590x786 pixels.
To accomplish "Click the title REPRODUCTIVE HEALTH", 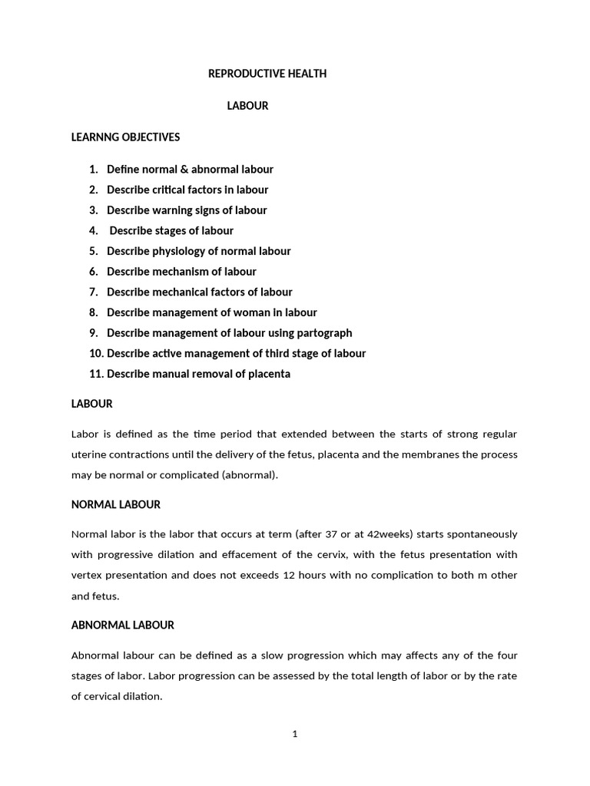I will (267, 74).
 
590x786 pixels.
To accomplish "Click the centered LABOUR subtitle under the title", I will (247, 106).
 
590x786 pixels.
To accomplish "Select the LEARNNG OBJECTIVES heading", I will (125, 137).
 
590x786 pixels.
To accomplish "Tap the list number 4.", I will (93, 230).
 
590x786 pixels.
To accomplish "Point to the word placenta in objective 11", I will (268, 374).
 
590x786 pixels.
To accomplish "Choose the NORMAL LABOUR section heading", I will (115, 504).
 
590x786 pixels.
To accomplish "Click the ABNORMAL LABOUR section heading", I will (122, 625).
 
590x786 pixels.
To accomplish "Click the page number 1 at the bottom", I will (294, 734).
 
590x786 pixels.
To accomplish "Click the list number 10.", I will (95, 354).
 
